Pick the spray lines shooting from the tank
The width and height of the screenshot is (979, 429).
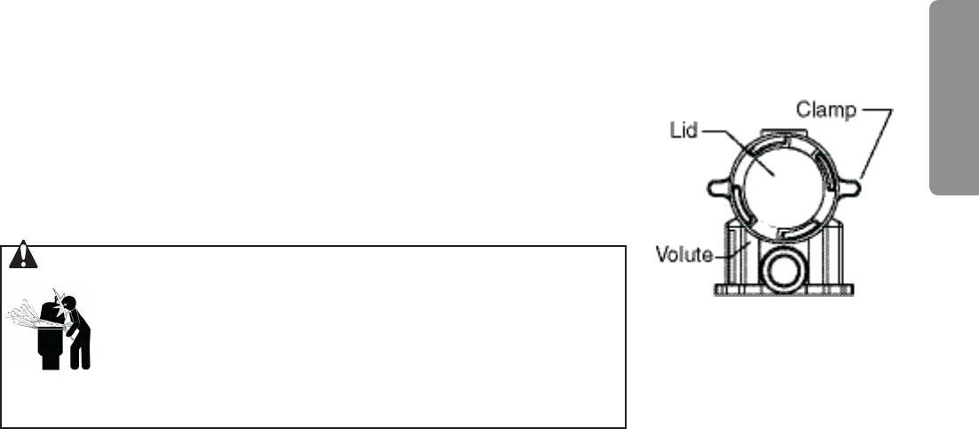coord(23,316)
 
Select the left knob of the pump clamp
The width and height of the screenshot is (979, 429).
coord(718,187)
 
